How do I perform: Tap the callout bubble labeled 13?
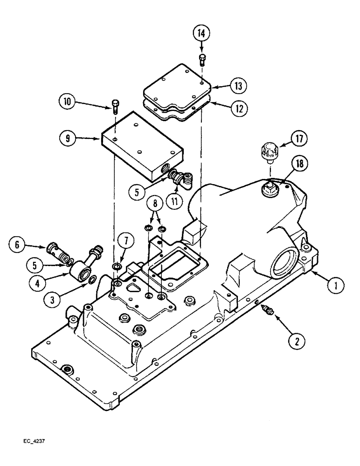click(238, 86)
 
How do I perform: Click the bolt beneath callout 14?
click(202, 59)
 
